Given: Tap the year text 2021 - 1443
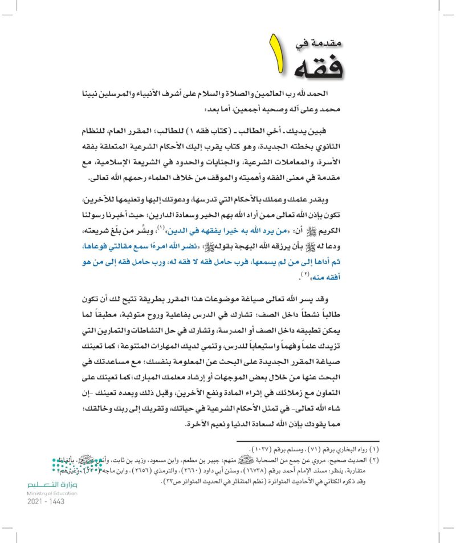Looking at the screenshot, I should click(46, 501).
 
